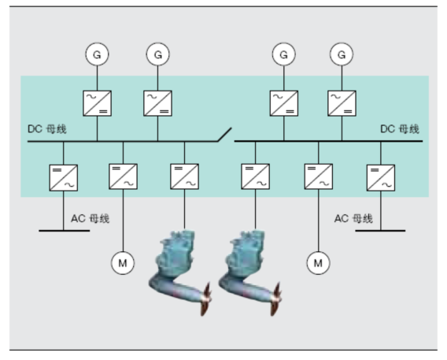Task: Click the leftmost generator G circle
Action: coord(97,54)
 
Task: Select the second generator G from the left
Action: coord(157,54)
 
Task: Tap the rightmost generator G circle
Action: coord(342,54)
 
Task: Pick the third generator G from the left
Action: coord(283,54)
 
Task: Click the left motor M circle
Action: coord(123,263)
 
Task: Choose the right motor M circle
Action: coord(319,263)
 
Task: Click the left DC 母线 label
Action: coord(47,129)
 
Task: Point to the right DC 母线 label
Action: coord(400,129)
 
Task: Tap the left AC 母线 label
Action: coord(90,219)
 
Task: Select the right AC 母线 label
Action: coord(353,219)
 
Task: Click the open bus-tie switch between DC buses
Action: coord(224,135)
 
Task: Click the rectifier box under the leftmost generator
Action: coord(98,103)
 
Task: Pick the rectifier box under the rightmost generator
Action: coord(342,103)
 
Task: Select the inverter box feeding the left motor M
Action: coord(123,176)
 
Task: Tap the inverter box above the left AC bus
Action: coord(63,178)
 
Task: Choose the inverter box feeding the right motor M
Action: coord(319,176)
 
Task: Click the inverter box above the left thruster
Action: coord(184,176)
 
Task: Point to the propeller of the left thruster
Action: coord(206,299)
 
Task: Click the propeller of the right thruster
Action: coord(276,299)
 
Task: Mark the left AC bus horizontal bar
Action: coord(65,231)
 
